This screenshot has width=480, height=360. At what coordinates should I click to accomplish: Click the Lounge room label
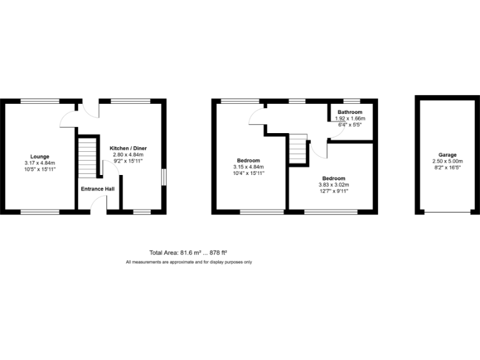coord(40,156)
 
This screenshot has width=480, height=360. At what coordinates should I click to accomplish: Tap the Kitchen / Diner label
coord(128,148)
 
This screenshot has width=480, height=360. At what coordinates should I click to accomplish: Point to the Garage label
coord(447,154)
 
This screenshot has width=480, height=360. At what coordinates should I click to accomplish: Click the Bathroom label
coord(349,112)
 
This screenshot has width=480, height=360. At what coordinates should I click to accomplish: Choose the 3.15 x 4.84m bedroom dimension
coord(249,167)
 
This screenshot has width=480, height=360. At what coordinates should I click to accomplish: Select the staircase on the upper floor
coord(298,148)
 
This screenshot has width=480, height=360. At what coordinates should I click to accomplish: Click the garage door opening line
coord(447,212)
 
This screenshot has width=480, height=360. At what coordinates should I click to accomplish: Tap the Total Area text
coord(187,253)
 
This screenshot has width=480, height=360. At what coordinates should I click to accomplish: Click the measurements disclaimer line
coord(189,262)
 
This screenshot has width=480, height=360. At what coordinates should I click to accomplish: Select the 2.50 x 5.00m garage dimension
coord(447,161)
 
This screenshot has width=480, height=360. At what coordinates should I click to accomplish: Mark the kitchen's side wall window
coord(164,177)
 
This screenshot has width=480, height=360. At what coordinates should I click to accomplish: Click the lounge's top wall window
coord(40,101)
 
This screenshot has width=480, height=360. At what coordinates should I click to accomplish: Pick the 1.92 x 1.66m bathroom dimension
coord(349,119)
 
